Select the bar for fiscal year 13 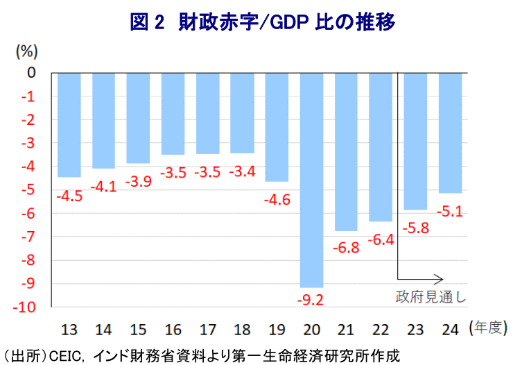(69, 125)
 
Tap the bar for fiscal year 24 (450, 133)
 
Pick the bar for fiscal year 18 (242, 112)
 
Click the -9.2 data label (311, 300)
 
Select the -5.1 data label (450, 210)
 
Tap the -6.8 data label (346, 248)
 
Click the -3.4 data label (242, 171)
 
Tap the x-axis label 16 (173, 328)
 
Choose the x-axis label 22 (381, 328)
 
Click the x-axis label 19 (277, 328)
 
